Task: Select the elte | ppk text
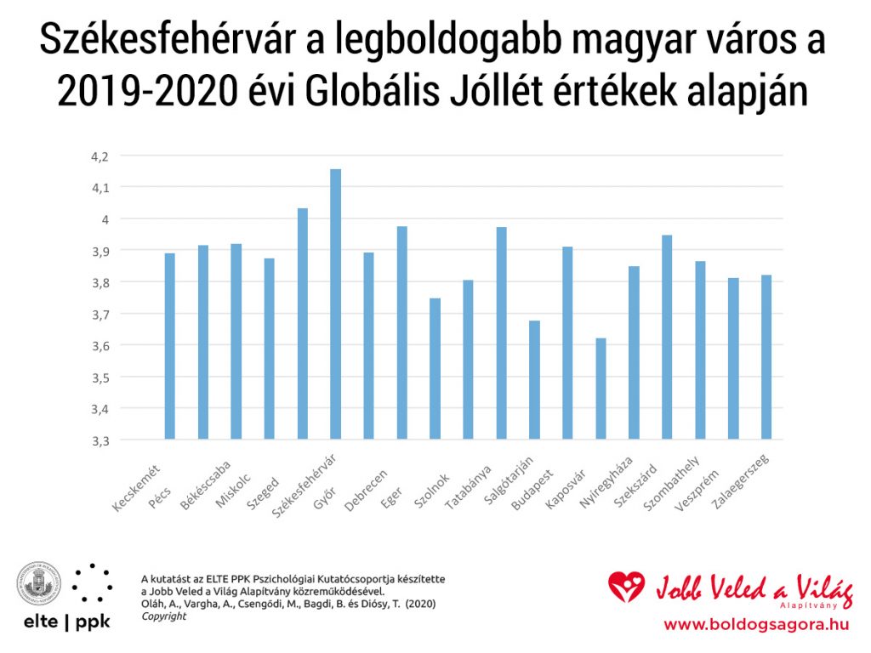64,621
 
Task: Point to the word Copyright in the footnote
163,616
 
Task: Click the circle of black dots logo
92,582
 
